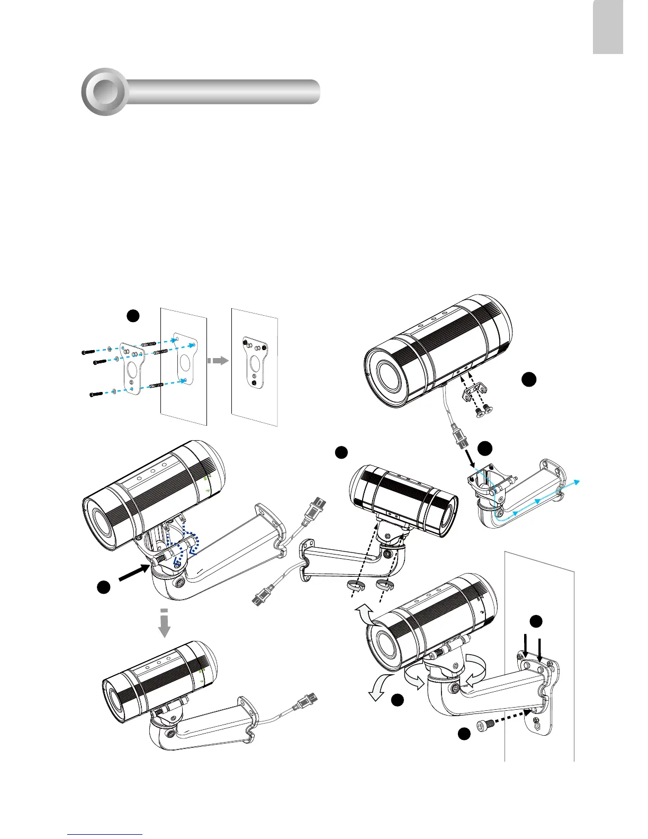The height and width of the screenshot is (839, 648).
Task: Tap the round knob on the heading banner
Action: tap(105, 91)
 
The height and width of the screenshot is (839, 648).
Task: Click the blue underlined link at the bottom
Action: tap(105, 834)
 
